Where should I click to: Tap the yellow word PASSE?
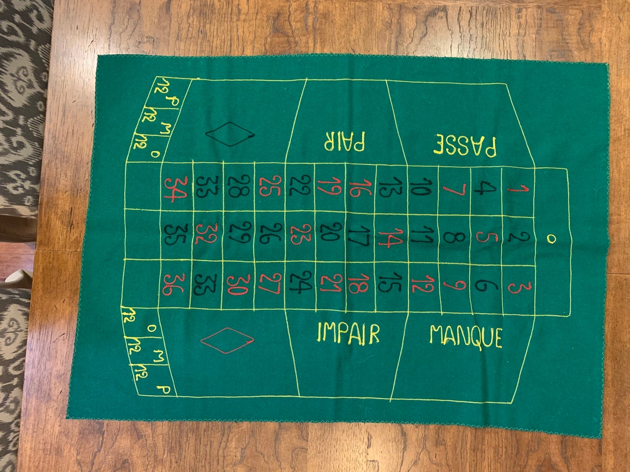465,146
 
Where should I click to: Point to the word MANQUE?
466,336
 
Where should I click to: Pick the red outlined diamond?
227,341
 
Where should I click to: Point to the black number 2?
519,237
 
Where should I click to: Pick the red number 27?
270,284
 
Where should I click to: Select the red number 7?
454,189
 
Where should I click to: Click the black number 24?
301,282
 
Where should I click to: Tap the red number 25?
270,186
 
